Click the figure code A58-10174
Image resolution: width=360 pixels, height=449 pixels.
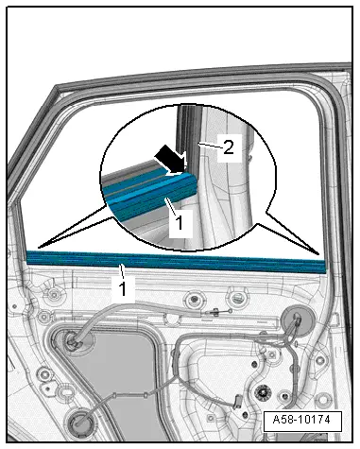301,420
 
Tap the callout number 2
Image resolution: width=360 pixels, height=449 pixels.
229,147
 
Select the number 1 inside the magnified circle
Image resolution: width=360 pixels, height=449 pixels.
179,222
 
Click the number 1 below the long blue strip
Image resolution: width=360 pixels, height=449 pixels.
123,288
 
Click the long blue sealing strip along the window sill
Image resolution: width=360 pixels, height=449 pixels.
176,262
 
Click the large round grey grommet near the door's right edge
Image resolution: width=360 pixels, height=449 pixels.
296,321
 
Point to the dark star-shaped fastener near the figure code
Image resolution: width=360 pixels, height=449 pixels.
261,392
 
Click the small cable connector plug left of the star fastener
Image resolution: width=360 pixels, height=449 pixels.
237,403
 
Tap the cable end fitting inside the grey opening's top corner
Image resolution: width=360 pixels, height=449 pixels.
72,340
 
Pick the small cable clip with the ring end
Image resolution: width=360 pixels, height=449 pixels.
217,312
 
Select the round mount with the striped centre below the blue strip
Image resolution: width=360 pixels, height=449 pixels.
239,297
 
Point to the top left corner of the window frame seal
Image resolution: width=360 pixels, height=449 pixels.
56,86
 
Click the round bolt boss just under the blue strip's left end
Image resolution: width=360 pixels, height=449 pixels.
54,295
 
